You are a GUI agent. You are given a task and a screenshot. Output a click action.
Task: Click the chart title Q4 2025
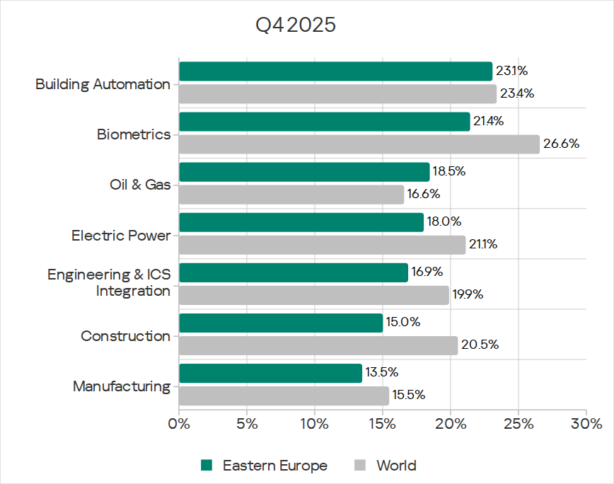[x=295, y=26]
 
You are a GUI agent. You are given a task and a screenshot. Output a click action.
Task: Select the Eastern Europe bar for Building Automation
[x=335, y=71]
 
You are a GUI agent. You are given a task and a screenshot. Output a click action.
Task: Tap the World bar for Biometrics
[x=359, y=144]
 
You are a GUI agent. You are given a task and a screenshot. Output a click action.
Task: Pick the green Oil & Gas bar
[x=304, y=172]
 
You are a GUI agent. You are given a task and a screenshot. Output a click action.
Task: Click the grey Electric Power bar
[x=322, y=245]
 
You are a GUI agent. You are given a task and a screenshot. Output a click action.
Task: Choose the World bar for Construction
[x=318, y=345]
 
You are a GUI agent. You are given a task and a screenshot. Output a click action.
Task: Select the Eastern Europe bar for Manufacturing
[x=270, y=373]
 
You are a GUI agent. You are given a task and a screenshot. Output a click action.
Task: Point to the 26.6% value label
[x=561, y=144]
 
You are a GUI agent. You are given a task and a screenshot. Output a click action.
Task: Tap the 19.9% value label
[x=468, y=294]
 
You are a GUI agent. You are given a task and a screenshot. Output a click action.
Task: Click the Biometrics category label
[x=134, y=134]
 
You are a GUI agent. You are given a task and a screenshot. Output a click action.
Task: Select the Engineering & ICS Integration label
[x=109, y=282]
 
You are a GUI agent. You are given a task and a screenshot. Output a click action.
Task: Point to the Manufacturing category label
[x=121, y=386]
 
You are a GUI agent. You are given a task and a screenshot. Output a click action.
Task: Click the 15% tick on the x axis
[x=383, y=425]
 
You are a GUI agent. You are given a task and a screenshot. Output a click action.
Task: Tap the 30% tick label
[x=586, y=425]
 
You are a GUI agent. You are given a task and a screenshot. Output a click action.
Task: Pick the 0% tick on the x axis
[x=179, y=425]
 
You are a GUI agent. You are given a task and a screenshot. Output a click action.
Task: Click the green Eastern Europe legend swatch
[x=207, y=466]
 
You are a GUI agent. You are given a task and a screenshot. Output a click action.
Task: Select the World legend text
[x=396, y=466]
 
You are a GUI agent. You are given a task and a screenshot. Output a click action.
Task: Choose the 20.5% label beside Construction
[x=480, y=345]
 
